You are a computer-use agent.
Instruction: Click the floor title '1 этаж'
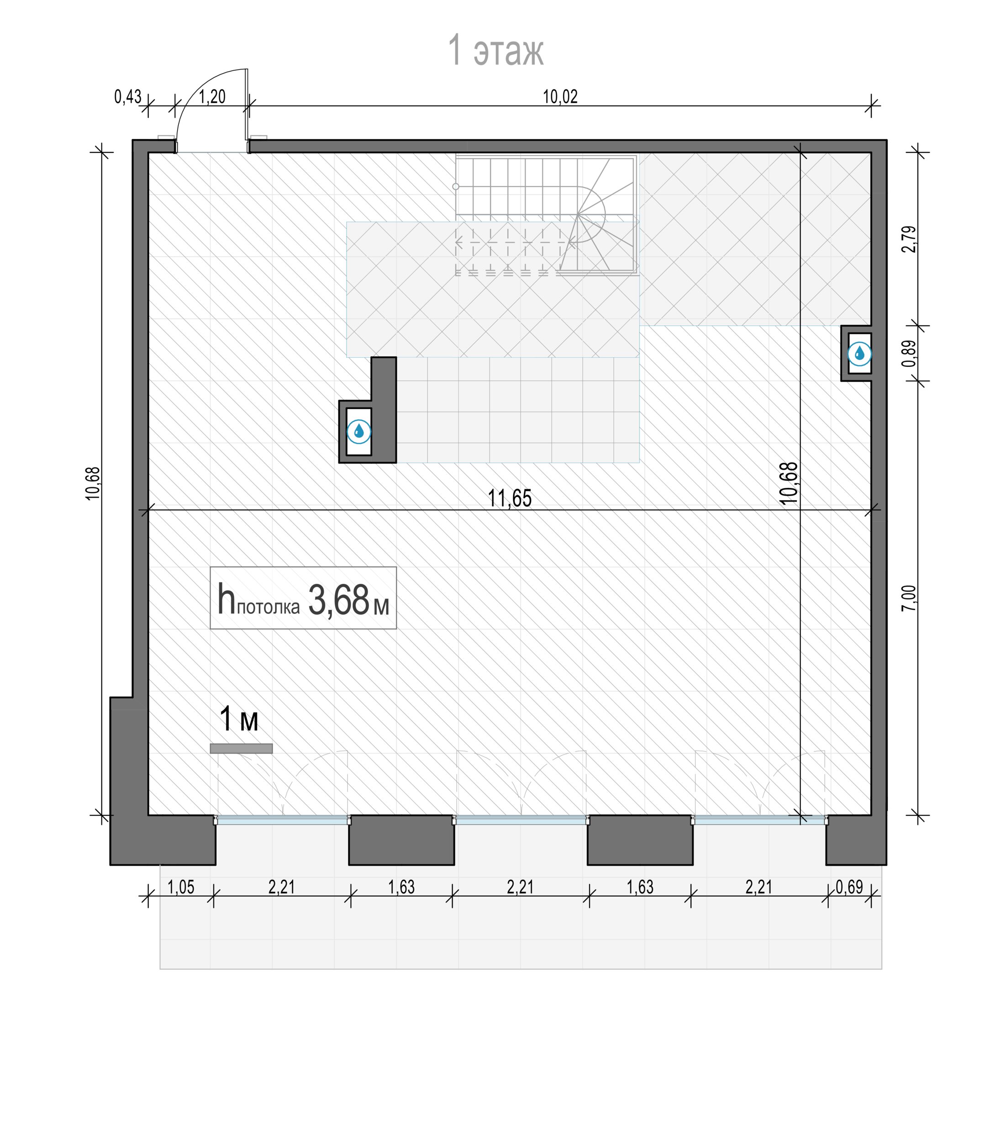495,50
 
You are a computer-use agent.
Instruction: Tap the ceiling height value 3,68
338,601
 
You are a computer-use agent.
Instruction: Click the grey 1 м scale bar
242,748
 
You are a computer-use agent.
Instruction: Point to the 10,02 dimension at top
560,97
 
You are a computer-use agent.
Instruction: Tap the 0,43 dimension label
127,97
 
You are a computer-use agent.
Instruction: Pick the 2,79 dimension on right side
909,239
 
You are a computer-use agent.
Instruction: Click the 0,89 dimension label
909,353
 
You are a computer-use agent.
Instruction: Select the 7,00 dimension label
909,598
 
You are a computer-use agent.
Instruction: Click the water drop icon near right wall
859,353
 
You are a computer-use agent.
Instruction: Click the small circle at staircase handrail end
456,187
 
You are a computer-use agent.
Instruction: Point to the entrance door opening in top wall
212,147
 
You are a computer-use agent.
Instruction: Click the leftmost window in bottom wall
282,821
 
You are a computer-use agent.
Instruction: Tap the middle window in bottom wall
521,821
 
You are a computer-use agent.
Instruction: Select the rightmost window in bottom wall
760,821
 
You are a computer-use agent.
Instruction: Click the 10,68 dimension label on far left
93,484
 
